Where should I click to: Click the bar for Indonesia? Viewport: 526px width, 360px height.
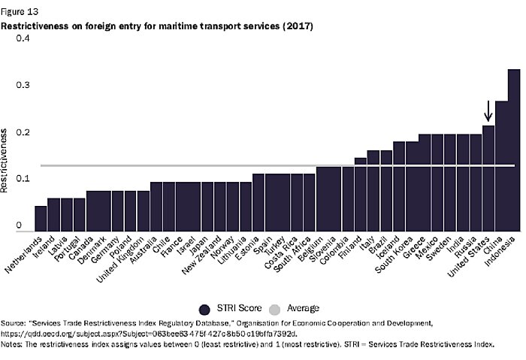coord(514,150)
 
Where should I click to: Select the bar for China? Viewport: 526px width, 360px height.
coord(501,166)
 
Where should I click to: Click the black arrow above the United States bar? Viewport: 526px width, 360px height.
coord(488,111)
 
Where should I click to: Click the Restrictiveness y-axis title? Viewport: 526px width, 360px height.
coord(6,160)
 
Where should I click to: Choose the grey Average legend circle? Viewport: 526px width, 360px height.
coord(275,308)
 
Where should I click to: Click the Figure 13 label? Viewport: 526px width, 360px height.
coord(19,13)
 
